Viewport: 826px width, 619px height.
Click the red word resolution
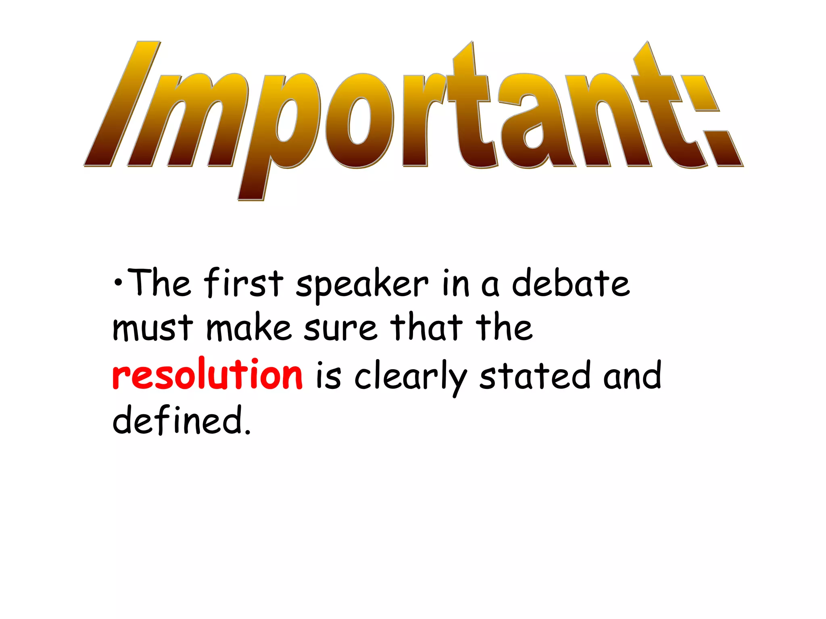coord(207,375)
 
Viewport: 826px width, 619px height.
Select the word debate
coord(570,283)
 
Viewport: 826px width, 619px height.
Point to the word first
coord(244,283)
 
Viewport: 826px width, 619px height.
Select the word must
coord(152,328)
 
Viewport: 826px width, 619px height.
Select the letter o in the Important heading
coord(359,121)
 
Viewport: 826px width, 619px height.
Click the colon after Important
coord(714,121)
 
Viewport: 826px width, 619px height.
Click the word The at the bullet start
coord(161,283)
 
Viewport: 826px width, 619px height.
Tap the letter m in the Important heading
coord(186,121)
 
